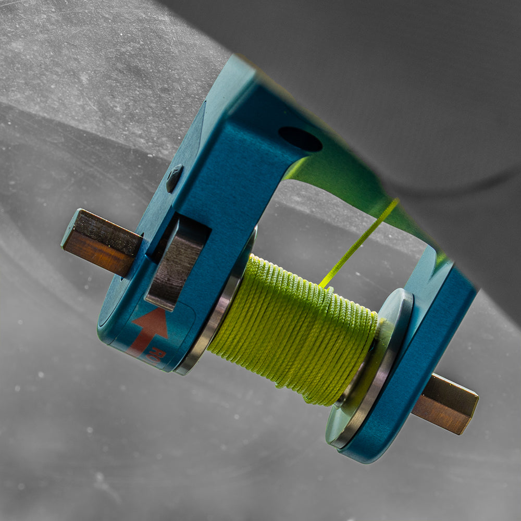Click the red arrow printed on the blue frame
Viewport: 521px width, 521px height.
(x=151, y=328)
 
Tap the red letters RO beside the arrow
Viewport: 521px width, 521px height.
(x=158, y=357)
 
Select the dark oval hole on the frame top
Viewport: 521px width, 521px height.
(x=300, y=139)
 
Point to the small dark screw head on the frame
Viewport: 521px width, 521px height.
(x=174, y=178)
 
